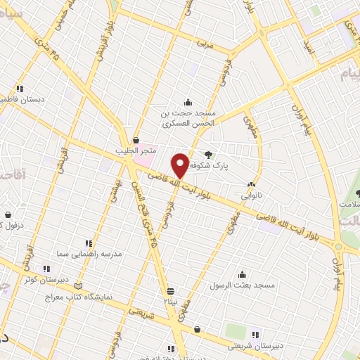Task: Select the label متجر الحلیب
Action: point(150,152)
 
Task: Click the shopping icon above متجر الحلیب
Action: point(136,140)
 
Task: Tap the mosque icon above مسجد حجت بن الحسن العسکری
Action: point(188,102)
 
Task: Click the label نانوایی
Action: point(251,196)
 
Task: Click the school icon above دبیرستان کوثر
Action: point(46,268)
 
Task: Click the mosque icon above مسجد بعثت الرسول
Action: point(243,274)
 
